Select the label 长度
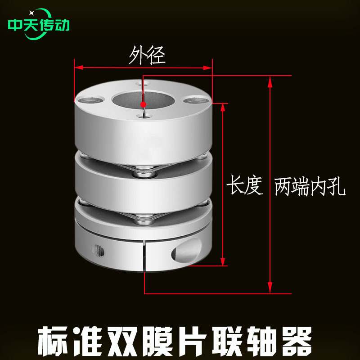[x=244, y=185]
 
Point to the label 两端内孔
[x=310, y=186]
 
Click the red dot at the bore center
[x=143, y=104]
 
